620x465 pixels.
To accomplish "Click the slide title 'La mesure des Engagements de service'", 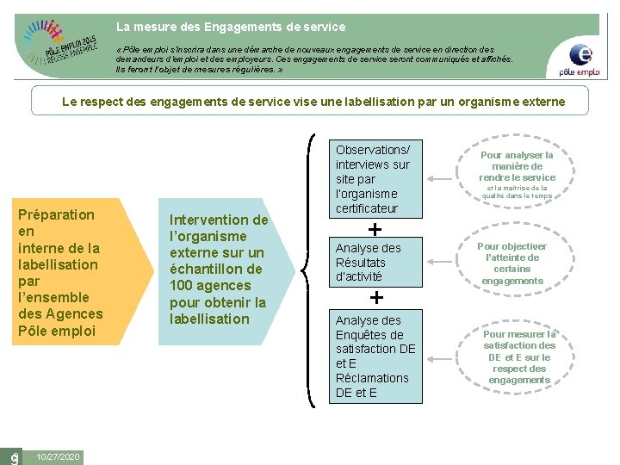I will (x=231, y=27).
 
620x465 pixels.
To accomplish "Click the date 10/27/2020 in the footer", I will (x=59, y=456).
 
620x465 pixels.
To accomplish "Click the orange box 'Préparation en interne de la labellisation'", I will (x=69, y=272).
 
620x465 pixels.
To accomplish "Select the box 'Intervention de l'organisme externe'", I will (x=219, y=270).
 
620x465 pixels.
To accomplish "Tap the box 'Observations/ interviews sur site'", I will (x=376, y=178).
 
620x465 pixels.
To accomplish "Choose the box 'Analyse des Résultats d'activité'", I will (x=376, y=262).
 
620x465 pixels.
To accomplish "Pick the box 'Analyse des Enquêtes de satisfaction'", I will (x=376, y=356).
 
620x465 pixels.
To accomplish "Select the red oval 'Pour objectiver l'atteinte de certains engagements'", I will (x=512, y=263).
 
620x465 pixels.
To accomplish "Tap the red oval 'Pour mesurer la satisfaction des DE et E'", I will (x=518, y=356).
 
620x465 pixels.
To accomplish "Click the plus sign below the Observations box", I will (x=375, y=229).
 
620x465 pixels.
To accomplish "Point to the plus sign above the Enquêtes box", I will (x=376, y=298).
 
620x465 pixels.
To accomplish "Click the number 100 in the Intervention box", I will (x=183, y=285).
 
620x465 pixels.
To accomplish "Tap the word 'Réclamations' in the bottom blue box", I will (x=372, y=378).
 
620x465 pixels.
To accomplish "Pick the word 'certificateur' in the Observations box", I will (x=367, y=208).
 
